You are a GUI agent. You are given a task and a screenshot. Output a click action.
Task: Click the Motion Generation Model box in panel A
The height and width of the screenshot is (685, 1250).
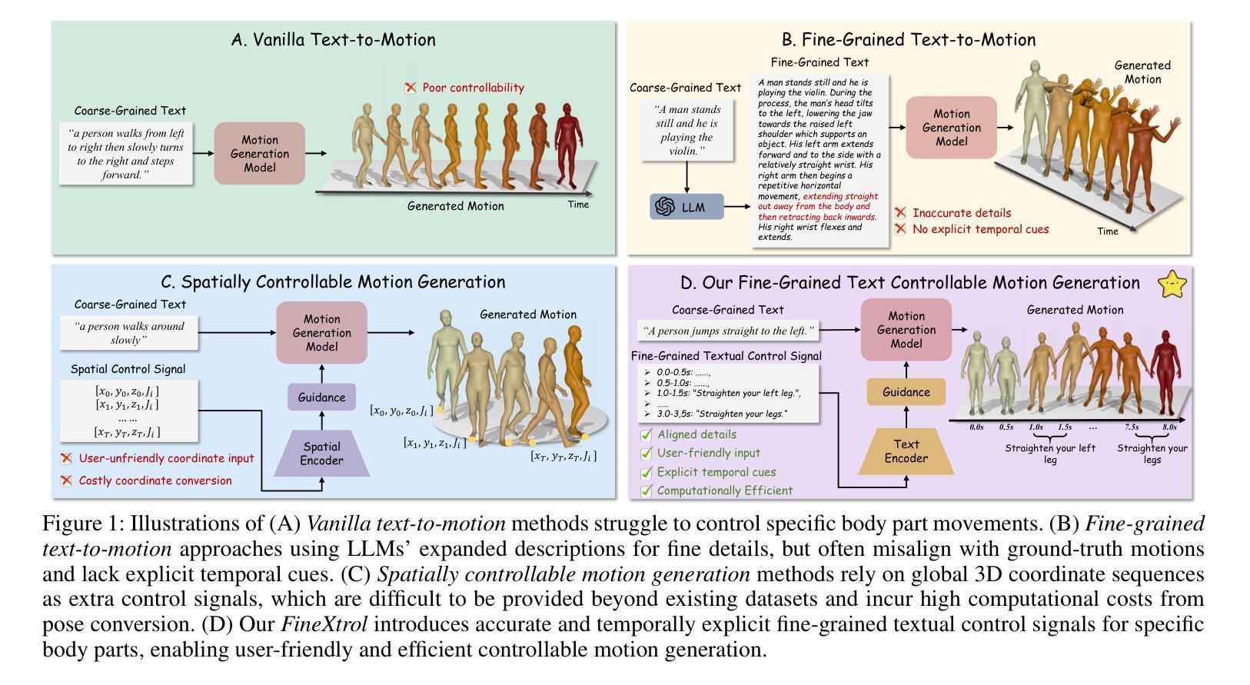point(259,154)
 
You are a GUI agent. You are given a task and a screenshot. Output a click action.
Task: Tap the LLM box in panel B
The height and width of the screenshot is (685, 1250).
point(687,207)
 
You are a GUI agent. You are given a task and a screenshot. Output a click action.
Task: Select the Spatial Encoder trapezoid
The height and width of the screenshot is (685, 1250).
point(321,454)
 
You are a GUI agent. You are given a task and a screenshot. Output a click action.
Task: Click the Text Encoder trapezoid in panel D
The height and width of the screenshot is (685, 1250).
point(906,451)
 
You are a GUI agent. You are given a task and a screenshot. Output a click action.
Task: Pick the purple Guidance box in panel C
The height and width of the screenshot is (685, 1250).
point(321,397)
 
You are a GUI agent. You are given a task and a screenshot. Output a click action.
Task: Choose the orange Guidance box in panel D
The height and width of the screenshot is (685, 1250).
point(906,392)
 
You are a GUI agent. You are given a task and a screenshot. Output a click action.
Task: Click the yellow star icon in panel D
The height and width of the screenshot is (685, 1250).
point(1172,284)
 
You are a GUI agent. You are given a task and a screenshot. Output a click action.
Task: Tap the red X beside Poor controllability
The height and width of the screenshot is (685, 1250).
point(411,88)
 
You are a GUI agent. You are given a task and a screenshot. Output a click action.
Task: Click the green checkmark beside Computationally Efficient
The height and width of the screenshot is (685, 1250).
point(647,490)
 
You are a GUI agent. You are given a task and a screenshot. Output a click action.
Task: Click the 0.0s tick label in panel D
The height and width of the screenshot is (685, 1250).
point(976,427)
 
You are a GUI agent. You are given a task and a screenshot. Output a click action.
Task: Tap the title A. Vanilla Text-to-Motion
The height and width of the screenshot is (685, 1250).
point(333,40)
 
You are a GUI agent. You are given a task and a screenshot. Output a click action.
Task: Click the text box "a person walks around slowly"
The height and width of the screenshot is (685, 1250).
point(129,333)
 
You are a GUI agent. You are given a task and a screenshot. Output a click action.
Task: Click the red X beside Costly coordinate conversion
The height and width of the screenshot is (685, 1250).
point(66,480)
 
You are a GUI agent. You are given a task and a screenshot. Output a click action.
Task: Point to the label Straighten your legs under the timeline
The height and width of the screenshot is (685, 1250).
point(1152,454)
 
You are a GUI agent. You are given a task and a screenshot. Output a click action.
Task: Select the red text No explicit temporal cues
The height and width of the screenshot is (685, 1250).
point(980,229)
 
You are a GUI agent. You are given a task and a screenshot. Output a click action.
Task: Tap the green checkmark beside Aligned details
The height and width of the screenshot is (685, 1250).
point(647,434)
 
